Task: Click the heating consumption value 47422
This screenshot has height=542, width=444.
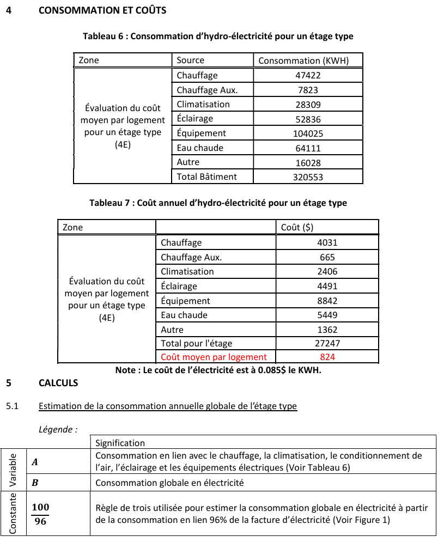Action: (308, 76)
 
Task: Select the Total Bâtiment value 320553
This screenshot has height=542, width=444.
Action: (308, 177)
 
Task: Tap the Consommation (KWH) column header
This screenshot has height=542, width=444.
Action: (303, 60)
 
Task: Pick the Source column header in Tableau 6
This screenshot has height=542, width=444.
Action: (191, 60)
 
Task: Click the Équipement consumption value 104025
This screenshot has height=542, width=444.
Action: (308, 133)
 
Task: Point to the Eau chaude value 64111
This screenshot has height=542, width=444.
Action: (308, 148)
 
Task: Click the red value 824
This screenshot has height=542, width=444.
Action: (327, 357)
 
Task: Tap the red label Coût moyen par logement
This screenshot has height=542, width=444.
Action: (214, 357)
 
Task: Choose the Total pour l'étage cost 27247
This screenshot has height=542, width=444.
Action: (327, 344)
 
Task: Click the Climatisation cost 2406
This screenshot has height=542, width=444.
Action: (327, 272)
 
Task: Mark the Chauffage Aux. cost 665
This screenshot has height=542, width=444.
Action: (327, 258)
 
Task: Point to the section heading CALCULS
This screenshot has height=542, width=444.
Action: (58, 383)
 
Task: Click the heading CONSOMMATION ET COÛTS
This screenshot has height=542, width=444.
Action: (102, 10)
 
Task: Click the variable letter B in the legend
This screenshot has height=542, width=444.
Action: (35, 483)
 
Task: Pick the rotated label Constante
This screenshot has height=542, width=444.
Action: (12, 513)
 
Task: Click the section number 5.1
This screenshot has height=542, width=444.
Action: (12, 406)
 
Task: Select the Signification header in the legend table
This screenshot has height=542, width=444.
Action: (120, 443)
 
